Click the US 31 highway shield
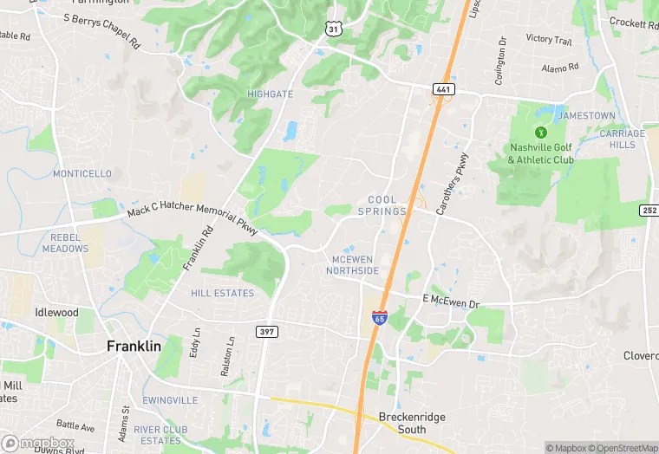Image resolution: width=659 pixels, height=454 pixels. pyautogui.click(x=334, y=29)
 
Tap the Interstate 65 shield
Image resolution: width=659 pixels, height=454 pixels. pyautogui.click(x=379, y=318)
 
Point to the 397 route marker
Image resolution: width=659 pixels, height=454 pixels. pyautogui.click(x=266, y=331)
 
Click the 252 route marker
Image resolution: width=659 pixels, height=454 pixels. pyautogui.click(x=649, y=211)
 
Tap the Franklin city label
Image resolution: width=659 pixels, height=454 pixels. pyautogui.click(x=134, y=346)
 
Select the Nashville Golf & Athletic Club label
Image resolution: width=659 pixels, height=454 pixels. pyautogui.click(x=541, y=153)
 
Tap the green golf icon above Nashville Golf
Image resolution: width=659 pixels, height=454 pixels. pyautogui.click(x=541, y=133)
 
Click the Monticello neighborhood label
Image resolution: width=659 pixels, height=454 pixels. pyautogui.click(x=82, y=173)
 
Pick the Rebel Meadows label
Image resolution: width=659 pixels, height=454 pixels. pyautogui.click(x=64, y=243)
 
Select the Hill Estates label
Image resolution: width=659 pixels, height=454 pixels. pyautogui.click(x=223, y=294)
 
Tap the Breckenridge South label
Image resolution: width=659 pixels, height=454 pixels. pyautogui.click(x=412, y=423)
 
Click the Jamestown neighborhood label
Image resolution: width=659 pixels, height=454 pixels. pyautogui.click(x=585, y=116)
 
